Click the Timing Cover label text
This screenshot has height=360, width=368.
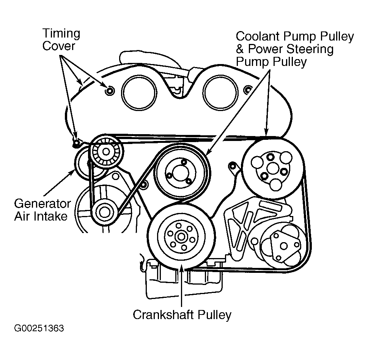(x=61, y=39)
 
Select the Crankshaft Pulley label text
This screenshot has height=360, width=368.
(x=182, y=315)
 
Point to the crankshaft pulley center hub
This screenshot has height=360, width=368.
(x=181, y=237)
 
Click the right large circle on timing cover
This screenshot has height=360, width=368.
(x=220, y=91)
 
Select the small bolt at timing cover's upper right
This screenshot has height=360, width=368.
(x=248, y=90)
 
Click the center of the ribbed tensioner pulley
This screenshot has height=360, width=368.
(x=106, y=152)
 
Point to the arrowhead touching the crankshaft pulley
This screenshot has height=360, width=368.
(x=182, y=267)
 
